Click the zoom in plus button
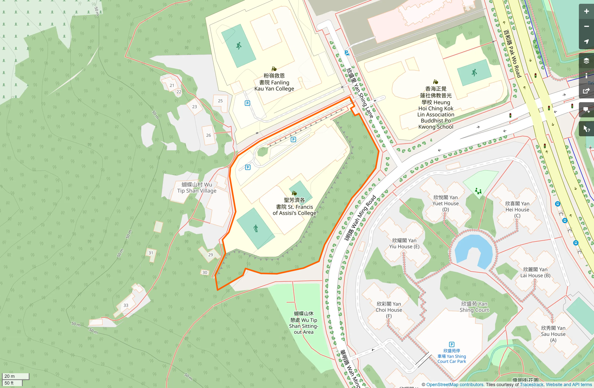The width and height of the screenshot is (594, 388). point(586,11)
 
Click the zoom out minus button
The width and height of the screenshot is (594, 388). point(586,26)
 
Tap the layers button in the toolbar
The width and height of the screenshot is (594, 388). point(586,61)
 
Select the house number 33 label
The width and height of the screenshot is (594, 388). point(126,305)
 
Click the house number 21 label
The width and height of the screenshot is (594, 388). point(172,85)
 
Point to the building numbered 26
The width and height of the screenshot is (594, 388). point(208,135)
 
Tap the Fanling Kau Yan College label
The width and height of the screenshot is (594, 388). point(274,82)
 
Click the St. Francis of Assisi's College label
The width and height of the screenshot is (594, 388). point(294,207)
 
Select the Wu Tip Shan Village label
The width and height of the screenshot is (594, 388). point(197,188)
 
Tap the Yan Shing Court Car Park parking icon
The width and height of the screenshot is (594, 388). point(451,344)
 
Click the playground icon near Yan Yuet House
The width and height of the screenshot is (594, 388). point(478,191)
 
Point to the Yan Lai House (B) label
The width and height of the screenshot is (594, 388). point(535,272)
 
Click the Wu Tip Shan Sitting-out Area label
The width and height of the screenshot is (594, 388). point(303,322)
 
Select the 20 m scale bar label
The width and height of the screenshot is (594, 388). point(10,376)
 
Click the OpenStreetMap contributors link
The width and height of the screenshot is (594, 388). point(455,385)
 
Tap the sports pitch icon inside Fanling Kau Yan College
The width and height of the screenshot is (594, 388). point(239,46)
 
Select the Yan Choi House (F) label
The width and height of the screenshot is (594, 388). point(388,310)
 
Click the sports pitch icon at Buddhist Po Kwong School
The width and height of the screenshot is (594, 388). point(474,73)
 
